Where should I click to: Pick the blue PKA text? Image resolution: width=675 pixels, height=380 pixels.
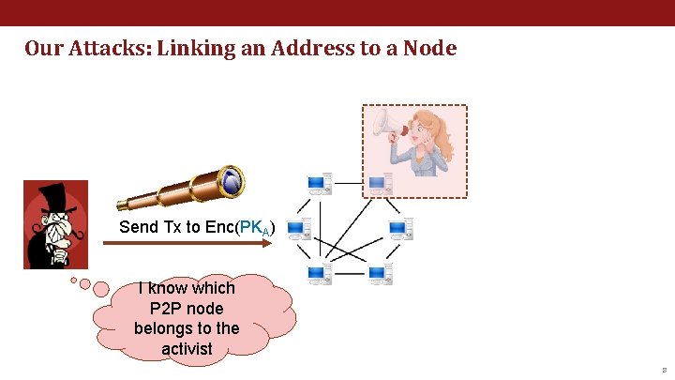(x=254, y=228)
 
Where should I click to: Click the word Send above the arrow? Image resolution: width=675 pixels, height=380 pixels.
(x=139, y=227)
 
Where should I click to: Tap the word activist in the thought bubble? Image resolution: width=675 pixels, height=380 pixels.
(x=187, y=349)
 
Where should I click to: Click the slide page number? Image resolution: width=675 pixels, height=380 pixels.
(x=663, y=371)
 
